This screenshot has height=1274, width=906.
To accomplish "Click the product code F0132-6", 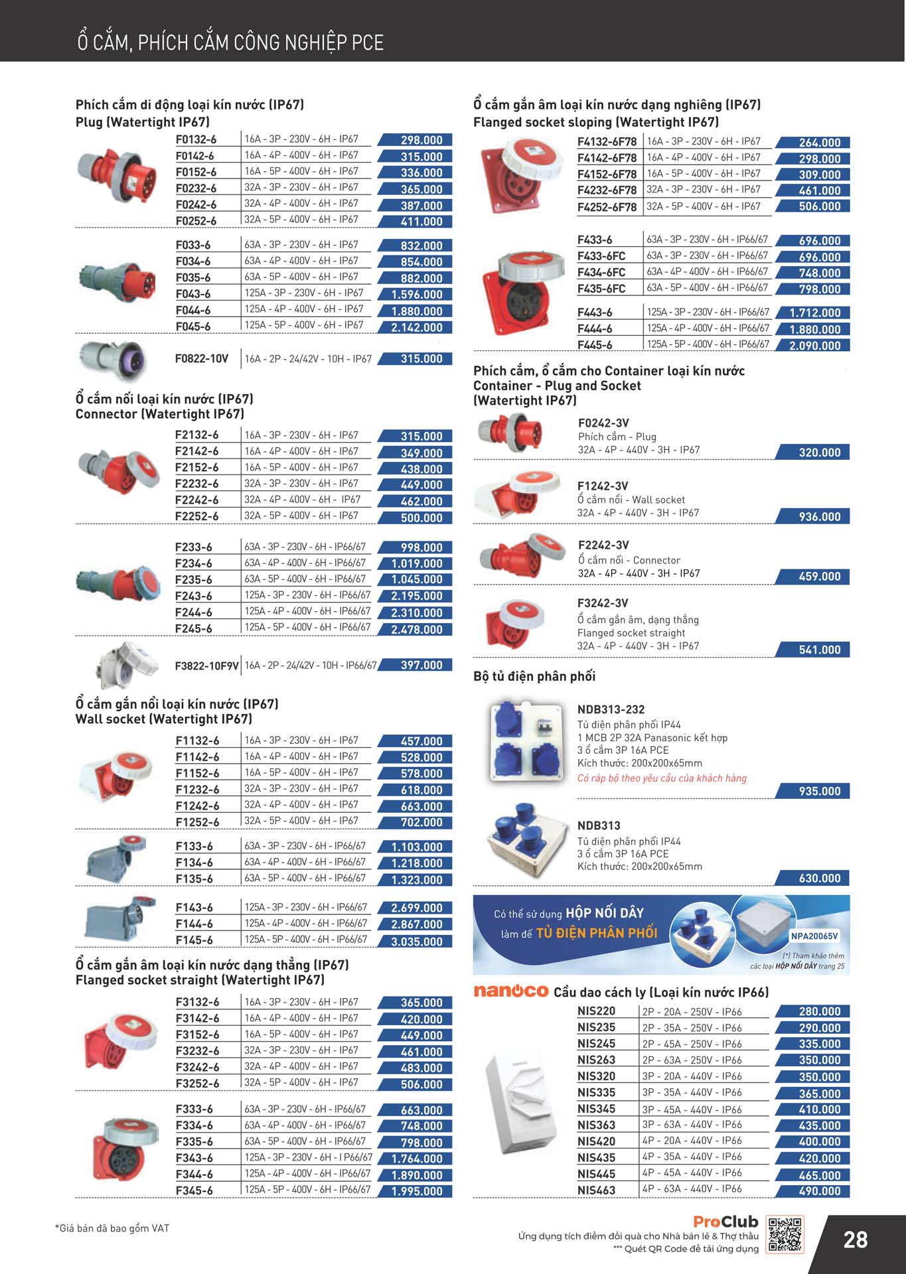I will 196,140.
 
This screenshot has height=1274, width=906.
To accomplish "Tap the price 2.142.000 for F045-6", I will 416,327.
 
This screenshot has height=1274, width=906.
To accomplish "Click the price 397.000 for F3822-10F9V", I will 420,665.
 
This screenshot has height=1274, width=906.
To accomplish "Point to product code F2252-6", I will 196,516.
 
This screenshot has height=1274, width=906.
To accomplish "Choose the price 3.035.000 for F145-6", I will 416,941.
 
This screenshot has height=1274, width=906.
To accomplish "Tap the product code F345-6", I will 194,1190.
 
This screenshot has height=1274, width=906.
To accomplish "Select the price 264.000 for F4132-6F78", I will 819,143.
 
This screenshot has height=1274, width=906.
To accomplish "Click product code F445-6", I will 595,345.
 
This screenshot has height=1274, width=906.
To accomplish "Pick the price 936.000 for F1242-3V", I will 819,517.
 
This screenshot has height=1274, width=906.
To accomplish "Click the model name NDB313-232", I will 611,709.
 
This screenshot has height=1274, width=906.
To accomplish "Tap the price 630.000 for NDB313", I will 819,879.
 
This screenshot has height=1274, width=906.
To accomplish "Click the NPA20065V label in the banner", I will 814,936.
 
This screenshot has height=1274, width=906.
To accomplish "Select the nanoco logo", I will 510,991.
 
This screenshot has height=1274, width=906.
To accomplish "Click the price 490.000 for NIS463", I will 819,1191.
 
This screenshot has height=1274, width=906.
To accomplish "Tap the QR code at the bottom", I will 784,1234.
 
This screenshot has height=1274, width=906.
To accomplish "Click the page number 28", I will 855,1239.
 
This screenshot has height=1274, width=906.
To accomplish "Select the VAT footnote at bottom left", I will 112,1228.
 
